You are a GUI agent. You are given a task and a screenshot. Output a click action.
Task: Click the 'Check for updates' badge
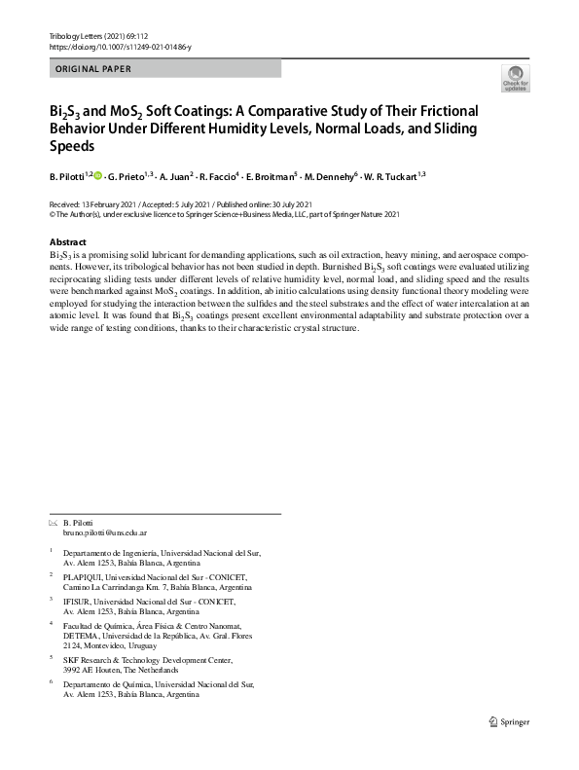coord(514,78)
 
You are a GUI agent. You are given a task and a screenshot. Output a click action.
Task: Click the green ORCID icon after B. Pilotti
coord(97,175)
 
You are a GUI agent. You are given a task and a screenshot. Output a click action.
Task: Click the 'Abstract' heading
coord(67,241)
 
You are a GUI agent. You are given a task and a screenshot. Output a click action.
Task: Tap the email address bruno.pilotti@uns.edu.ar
coord(104,534)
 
